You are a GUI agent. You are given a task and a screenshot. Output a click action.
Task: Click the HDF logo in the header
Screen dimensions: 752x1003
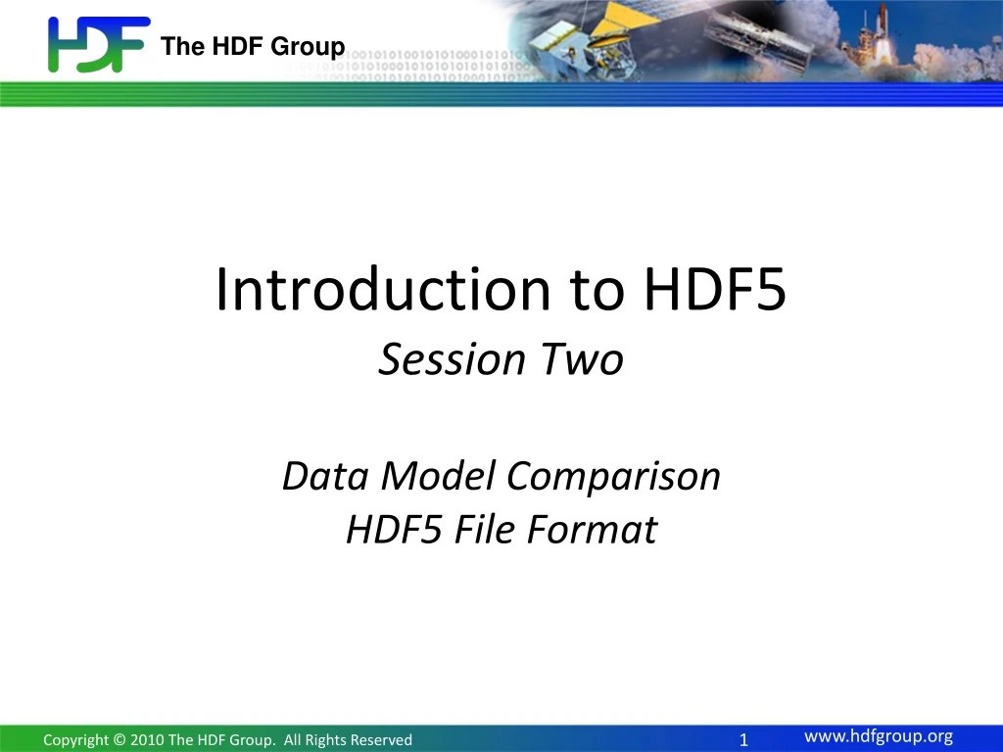[x=98, y=44]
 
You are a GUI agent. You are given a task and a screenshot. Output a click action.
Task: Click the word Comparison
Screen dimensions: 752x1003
[x=614, y=478]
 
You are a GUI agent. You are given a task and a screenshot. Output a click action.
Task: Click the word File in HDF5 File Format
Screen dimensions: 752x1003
[x=482, y=530]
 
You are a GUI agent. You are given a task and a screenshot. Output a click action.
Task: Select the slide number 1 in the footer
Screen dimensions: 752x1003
[x=744, y=739]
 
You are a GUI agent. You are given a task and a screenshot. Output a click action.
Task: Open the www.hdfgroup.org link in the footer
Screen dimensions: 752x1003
[x=878, y=737]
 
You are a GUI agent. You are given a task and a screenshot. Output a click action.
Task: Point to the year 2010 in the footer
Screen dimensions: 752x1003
[x=145, y=740]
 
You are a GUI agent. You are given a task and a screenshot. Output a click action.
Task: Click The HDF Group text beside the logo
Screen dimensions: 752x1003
[x=253, y=46]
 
